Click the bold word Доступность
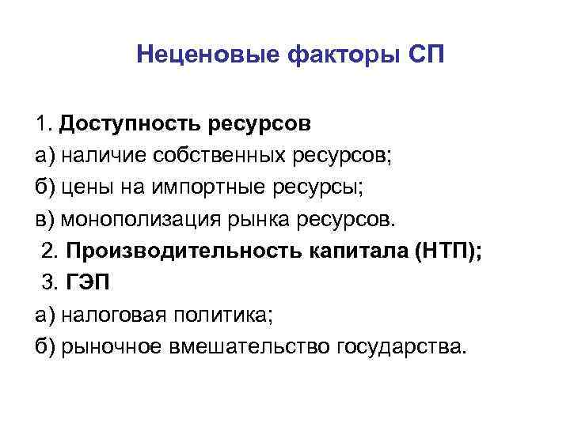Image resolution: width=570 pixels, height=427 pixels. point(127,125)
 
